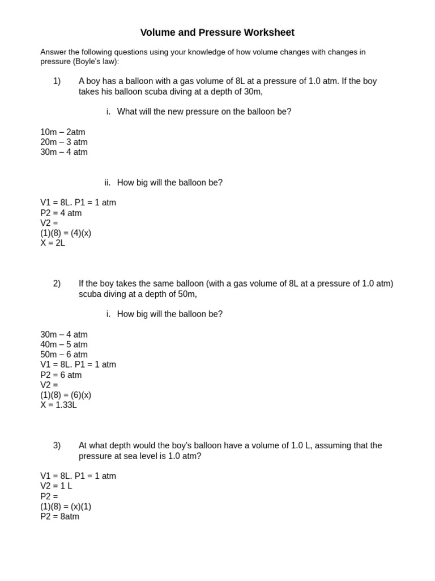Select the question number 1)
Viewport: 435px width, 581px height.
pyautogui.click(x=57, y=81)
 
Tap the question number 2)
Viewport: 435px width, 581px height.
pyautogui.click(x=57, y=284)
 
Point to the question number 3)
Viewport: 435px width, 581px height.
pyautogui.click(x=57, y=446)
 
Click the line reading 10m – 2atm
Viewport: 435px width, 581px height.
pyautogui.click(x=63, y=132)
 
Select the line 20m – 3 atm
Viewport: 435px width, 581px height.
pyautogui.click(x=64, y=142)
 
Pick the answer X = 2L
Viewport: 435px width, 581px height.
pyautogui.click(x=53, y=243)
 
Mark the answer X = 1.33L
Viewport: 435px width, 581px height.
pyautogui.click(x=58, y=405)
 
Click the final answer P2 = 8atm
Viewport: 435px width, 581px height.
pyautogui.click(x=59, y=517)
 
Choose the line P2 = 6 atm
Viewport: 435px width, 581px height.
pyautogui.click(x=61, y=375)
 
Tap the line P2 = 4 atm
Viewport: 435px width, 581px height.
pyautogui.click(x=61, y=213)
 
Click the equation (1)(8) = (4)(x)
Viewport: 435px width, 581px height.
pyautogui.click(x=66, y=233)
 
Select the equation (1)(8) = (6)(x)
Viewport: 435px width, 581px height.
pyautogui.click(x=66, y=395)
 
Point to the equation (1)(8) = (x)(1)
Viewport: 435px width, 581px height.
pyautogui.click(x=66, y=507)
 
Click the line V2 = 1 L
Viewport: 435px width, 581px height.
pyautogui.click(x=56, y=486)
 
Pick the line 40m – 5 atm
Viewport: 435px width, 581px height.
pyautogui.click(x=64, y=345)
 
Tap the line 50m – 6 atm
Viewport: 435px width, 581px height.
pyautogui.click(x=64, y=355)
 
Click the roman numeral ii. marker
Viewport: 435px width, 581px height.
pyautogui.click(x=107, y=183)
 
